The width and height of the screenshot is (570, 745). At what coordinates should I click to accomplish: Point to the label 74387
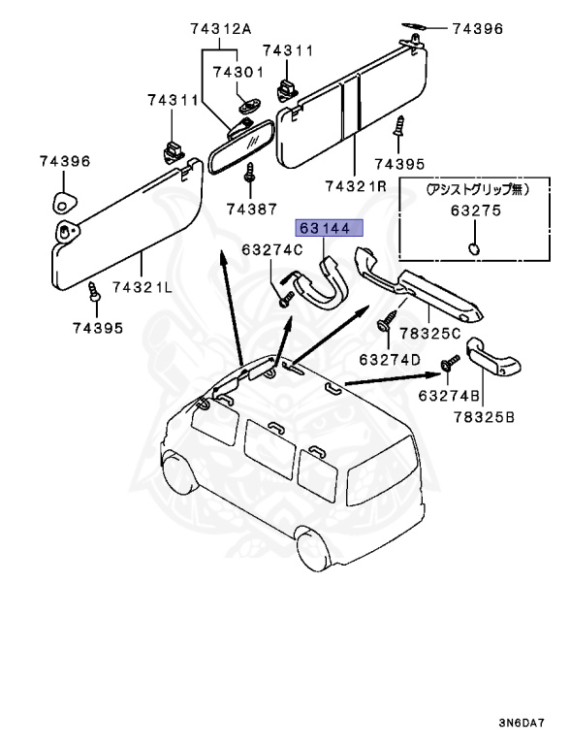point(250,209)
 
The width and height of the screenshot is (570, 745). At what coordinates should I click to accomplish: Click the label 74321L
point(144,287)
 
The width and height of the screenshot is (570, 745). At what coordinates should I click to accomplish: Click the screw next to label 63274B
point(450,363)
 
